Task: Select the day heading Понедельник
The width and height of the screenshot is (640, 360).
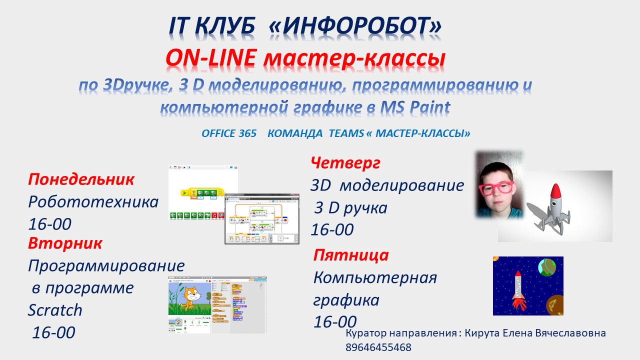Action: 81,180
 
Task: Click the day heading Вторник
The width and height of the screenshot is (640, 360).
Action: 65,243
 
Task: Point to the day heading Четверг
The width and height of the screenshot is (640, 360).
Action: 345,163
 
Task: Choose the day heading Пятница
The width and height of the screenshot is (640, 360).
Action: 351,255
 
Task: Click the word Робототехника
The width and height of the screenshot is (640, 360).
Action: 93,202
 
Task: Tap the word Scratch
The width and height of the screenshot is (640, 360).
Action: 55,310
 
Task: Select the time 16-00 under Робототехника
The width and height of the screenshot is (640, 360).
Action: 49,224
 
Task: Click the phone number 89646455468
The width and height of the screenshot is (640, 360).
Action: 378,347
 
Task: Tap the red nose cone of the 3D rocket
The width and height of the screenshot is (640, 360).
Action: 555,191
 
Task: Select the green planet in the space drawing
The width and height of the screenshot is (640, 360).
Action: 547,267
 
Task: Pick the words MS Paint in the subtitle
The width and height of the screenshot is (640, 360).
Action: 415,107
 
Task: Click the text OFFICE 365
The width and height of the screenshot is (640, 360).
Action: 229,133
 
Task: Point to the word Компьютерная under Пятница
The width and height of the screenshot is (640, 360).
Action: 375,277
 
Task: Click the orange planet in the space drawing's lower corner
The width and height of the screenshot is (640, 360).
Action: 554,305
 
